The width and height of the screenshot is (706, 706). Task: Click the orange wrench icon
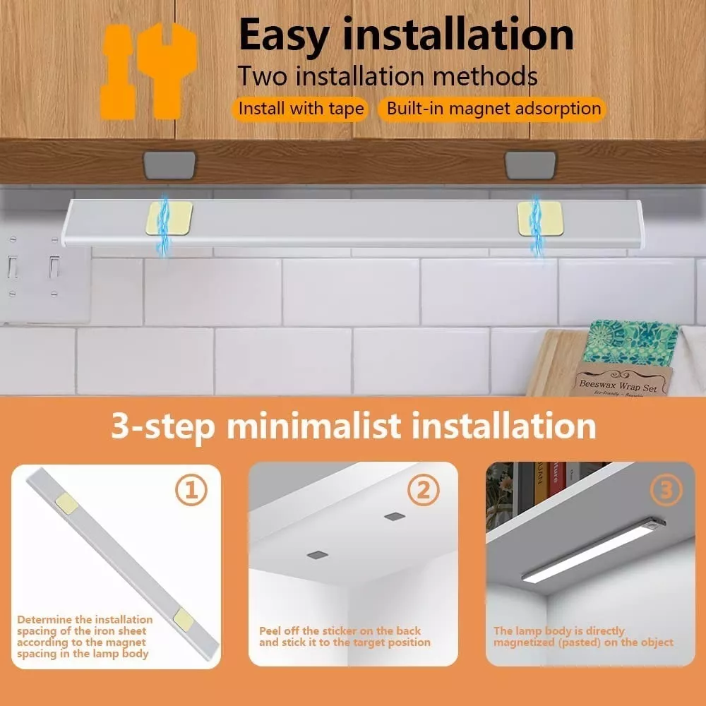coord(148,71)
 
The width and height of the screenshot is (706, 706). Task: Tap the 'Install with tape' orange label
coord(301,109)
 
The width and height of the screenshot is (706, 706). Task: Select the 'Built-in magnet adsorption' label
coord(493,109)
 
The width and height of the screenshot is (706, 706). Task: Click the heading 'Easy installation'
coord(406,35)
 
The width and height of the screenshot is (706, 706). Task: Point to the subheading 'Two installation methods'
coord(388,76)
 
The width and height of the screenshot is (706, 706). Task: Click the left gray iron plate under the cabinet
coord(169,164)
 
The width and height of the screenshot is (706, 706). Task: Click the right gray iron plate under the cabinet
coord(530,164)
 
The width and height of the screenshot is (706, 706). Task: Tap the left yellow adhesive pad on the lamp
coord(169,218)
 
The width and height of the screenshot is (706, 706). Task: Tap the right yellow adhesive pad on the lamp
coord(540,218)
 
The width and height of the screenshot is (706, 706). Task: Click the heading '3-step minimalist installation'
coord(354,426)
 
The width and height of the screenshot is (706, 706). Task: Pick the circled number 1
coord(191,490)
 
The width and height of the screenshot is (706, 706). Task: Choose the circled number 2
coord(423,490)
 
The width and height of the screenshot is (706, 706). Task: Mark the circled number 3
coord(666,490)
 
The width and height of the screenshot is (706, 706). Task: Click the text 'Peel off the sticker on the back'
coord(340,630)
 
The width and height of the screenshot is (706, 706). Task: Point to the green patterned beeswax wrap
coord(630,343)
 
